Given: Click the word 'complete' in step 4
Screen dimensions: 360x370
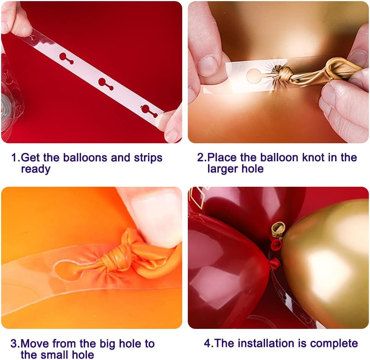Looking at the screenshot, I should click(x=334, y=344).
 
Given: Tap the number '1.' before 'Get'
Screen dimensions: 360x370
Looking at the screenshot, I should click(x=15, y=157).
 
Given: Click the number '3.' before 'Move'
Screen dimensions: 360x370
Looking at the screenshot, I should click(x=15, y=343).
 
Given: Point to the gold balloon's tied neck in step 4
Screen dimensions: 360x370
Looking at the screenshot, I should click(x=278, y=229).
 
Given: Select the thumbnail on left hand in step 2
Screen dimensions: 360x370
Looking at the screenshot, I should click(x=207, y=66).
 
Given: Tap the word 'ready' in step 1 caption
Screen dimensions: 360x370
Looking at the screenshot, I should click(x=36, y=169).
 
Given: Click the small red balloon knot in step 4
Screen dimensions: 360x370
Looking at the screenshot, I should click(x=275, y=262).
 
